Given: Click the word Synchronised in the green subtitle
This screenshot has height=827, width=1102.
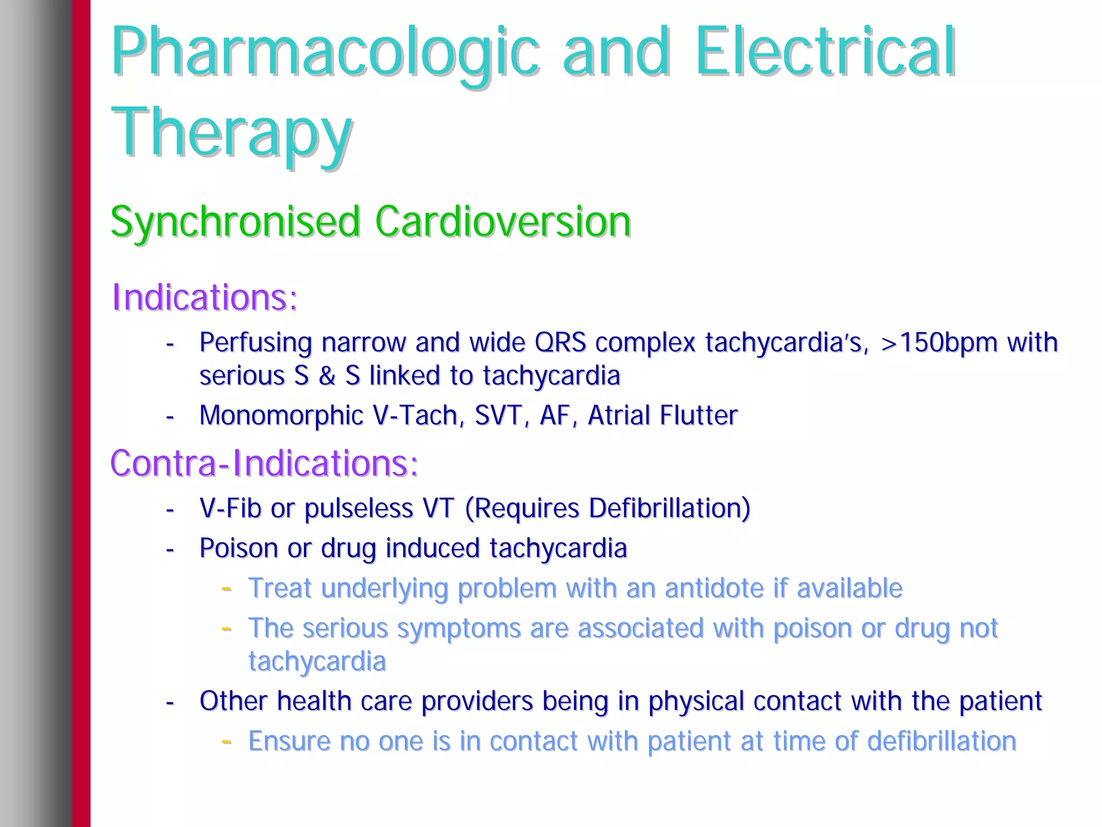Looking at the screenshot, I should [235, 222].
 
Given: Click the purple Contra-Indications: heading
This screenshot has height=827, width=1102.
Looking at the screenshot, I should [264, 463].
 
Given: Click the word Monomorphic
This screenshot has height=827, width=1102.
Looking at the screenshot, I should [281, 415].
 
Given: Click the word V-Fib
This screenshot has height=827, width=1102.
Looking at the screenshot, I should [230, 508].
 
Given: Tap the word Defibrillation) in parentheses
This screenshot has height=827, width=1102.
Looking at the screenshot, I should [669, 508].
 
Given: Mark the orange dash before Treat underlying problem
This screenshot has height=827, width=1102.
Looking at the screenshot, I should [227, 588].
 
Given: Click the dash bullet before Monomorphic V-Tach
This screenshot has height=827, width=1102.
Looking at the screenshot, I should [170, 416].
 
